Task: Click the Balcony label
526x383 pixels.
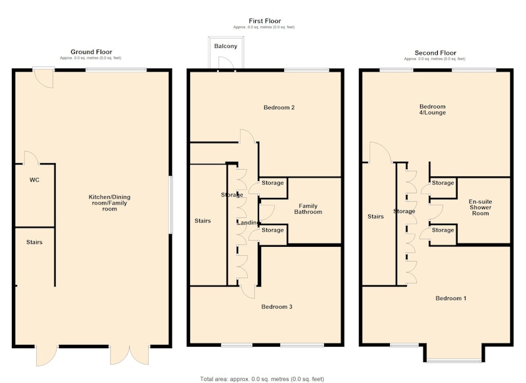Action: (x=226, y=46)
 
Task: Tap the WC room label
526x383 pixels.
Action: (x=35, y=180)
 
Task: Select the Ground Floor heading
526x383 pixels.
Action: (x=91, y=52)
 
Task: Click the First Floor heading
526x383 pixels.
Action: (x=265, y=21)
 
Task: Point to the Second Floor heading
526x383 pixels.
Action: (x=435, y=53)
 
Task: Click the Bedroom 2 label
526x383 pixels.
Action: (x=279, y=107)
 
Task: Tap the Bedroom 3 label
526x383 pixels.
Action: (x=277, y=307)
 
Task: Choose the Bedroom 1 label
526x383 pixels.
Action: (x=451, y=298)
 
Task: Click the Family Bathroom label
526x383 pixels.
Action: (x=308, y=209)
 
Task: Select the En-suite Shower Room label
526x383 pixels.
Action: (x=481, y=207)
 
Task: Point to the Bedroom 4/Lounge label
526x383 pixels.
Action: (x=433, y=109)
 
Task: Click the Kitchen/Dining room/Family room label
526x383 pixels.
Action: (x=109, y=203)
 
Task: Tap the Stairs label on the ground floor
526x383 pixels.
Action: (x=35, y=242)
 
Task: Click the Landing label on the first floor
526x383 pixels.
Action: (x=249, y=222)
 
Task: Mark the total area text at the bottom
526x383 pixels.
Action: (x=262, y=379)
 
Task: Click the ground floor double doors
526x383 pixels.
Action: (x=130, y=355)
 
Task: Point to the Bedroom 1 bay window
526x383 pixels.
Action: (x=454, y=361)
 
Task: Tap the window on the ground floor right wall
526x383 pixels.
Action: (x=171, y=205)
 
